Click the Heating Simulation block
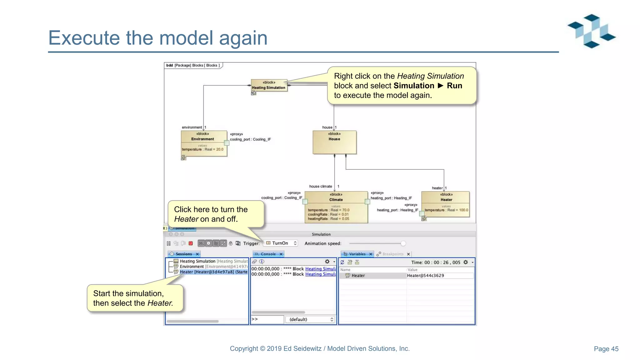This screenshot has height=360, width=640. [269, 85]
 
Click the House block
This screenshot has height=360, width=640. [334, 142]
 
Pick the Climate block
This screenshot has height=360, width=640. [336, 207]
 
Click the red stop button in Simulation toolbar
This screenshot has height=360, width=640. [191, 243]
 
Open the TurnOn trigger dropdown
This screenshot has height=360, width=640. [281, 243]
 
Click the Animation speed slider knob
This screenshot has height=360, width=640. [403, 243]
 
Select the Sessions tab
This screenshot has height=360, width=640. [184, 254]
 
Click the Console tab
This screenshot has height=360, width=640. [268, 254]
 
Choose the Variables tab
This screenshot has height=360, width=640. [357, 254]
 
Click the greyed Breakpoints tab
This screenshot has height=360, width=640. [392, 254]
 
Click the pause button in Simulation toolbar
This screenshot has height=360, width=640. [169, 243]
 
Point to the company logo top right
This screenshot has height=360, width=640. [592, 31]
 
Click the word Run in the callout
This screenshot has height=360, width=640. [454, 86]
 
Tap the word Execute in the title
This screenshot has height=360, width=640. [84, 38]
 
